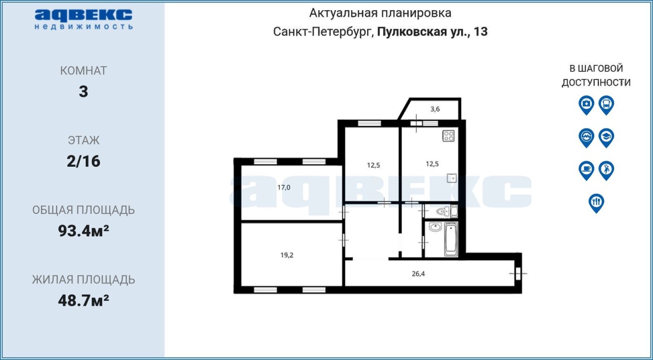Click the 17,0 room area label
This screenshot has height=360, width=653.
point(284,187)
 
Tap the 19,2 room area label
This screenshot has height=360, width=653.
point(287,255)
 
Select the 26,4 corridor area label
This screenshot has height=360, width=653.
point(418,273)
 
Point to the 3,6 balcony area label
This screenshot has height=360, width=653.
point(435,109)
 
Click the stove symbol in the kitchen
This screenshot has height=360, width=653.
point(448,136)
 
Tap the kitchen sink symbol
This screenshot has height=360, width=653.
point(451,178)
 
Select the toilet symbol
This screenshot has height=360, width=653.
point(442,211)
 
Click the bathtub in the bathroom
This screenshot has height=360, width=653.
point(451,240)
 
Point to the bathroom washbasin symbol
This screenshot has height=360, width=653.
point(435,227)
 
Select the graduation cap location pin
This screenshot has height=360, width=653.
point(607,138)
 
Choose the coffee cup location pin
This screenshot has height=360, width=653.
point(586,170)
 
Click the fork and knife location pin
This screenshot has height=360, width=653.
point(596,203)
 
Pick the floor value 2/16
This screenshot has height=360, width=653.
point(83,161)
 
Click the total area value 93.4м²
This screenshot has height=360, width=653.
point(83,230)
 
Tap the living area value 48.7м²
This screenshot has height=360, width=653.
point(83,300)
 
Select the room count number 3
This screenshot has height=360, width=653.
point(83,91)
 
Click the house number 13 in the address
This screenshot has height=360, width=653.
point(481,32)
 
